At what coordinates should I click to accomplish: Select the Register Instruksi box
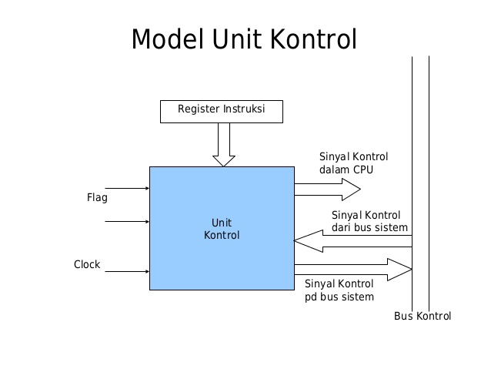coord(221,110)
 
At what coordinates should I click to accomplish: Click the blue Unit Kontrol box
coord(222,228)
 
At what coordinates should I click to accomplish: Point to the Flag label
coord(97,198)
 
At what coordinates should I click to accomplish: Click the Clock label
coord(87,264)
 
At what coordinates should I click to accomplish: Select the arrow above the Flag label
coord(126,187)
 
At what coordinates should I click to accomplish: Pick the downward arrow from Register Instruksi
coord(224,145)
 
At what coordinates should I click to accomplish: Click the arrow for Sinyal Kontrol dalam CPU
coord(326,188)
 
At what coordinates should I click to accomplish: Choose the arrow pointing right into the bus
coord(352,269)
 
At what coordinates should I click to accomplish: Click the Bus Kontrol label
coord(423,316)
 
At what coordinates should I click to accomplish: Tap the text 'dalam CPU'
coord(346,169)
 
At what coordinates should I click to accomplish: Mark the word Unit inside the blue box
coord(222,222)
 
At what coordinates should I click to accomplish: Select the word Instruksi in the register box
coord(244,109)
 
